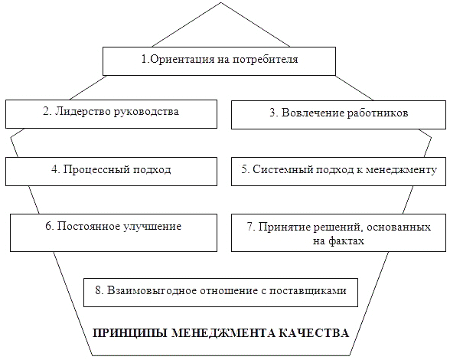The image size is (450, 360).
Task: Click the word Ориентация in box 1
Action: click(181, 59)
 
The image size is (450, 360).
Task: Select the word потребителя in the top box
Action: click(266, 60)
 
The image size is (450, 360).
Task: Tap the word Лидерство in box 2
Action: click(83, 112)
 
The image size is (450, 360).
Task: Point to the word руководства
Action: click(146, 113)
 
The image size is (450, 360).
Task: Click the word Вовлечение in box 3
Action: click(313, 113)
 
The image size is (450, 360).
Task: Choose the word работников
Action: click(378, 113)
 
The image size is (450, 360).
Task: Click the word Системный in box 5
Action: click(282, 169)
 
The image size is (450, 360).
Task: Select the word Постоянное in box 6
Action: click(89, 227)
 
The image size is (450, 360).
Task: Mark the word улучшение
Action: click(153, 227)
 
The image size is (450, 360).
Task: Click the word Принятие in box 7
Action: click(284, 227)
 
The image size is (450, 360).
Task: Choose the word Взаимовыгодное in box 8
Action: click(152, 291)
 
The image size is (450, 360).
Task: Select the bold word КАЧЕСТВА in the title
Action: click(314, 333)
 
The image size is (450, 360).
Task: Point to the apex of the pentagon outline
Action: click(220, 2)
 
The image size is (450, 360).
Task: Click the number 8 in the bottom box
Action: click(99, 290)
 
